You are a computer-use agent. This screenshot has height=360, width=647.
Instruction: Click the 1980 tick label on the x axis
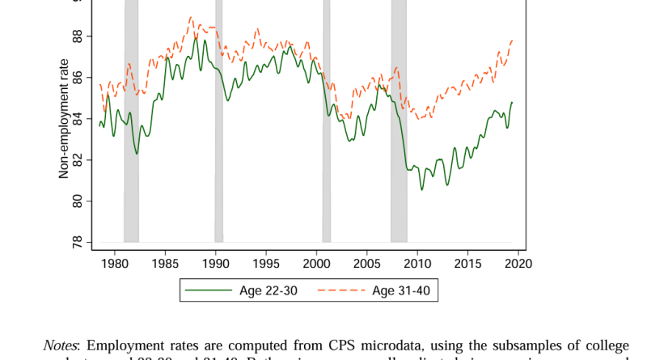pyautogui.click(x=115, y=263)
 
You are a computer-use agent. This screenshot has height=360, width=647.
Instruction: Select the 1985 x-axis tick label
pyautogui.click(x=165, y=263)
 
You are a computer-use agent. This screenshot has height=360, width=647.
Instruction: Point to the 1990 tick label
pyautogui.click(x=216, y=263)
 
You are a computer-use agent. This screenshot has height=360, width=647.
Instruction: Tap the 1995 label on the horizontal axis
pyautogui.click(x=266, y=263)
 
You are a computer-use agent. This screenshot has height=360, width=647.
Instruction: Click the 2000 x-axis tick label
pyautogui.click(x=316, y=263)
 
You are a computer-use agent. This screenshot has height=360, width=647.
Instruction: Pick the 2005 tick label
pyautogui.click(x=367, y=263)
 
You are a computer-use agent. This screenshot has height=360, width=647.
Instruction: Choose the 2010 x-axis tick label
pyautogui.click(x=417, y=263)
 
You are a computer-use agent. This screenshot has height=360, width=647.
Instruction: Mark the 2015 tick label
pyautogui.click(x=467, y=263)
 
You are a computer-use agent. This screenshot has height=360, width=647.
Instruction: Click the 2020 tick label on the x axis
pyautogui.click(x=518, y=263)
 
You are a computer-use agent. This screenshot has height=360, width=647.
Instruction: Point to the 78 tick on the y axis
pyautogui.click(x=78, y=242)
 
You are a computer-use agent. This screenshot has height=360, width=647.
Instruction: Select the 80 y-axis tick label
pyautogui.click(x=78, y=201)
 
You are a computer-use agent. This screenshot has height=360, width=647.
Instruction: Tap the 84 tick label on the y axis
pyautogui.click(x=78, y=119)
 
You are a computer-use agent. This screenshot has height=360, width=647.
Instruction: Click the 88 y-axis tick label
pyautogui.click(x=78, y=36)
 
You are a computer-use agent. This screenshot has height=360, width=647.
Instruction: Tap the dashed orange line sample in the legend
pyautogui.click(x=340, y=290)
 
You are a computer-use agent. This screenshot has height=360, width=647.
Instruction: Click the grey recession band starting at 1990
pyautogui.click(x=219, y=121)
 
